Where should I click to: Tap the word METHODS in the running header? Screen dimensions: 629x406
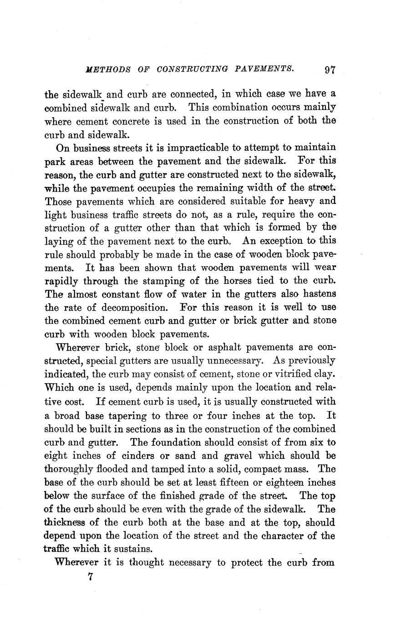pyautogui.click(x=108, y=70)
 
